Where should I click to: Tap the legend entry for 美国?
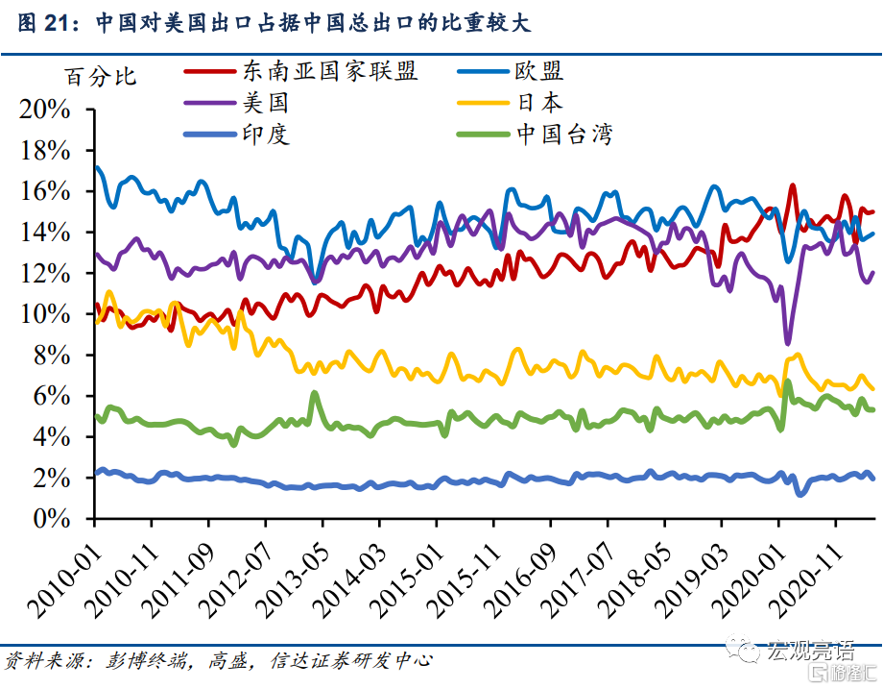click(x=260, y=102)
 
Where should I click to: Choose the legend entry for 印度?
click(x=260, y=134)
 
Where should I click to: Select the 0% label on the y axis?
click(x=52, y=519)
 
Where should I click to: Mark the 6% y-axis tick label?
click(x=52, y=396)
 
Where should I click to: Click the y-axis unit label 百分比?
click(x=101, y=77)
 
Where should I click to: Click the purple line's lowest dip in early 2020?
click(x=788, y=342)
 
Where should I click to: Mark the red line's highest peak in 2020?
click(x=793, y=186)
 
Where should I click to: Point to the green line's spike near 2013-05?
click(x=314, y=393)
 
